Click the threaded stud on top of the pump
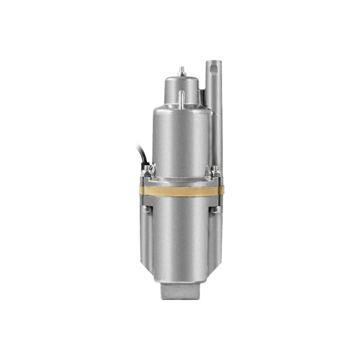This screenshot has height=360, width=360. (x=182, y=69)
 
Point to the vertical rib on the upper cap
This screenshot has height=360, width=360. (x=181, y=98)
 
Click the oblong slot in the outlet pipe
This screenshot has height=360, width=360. (x=214, y=70)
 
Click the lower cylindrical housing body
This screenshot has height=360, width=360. (x=180, y=240)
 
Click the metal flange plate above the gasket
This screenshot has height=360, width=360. (x=180, y=182)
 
